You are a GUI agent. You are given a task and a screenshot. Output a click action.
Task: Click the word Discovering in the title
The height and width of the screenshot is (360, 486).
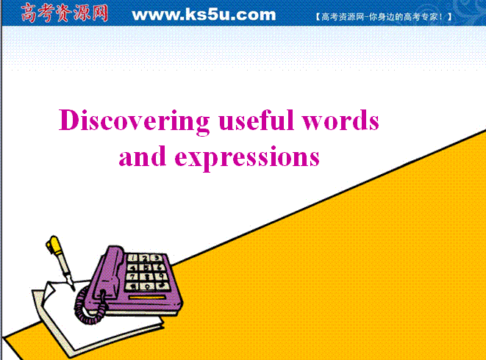[135, 121]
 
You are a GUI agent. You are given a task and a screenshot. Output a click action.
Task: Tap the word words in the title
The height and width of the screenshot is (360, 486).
[340, 120]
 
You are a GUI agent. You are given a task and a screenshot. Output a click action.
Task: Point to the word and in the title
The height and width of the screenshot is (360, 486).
[143, 156]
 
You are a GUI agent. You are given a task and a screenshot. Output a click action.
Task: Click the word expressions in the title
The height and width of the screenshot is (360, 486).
[247, 159]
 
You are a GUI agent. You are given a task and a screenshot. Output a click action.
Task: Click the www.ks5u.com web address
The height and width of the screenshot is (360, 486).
[204, 15]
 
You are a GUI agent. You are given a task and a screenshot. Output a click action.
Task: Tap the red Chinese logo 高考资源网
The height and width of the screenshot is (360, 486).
[65, 13]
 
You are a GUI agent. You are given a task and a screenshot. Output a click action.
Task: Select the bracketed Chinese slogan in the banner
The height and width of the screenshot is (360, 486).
[384, 16]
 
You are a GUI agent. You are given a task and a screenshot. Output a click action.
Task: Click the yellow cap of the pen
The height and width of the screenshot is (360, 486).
[54, 245]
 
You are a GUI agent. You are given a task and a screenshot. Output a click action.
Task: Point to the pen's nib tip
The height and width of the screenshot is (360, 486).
[74, 290]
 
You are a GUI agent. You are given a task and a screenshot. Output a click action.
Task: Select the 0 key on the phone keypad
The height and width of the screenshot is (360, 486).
[148, 287]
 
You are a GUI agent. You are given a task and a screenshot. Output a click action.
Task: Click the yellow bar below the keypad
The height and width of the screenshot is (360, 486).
[147, 298]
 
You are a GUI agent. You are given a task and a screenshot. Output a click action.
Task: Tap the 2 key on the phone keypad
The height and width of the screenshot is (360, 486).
[145, 258]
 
